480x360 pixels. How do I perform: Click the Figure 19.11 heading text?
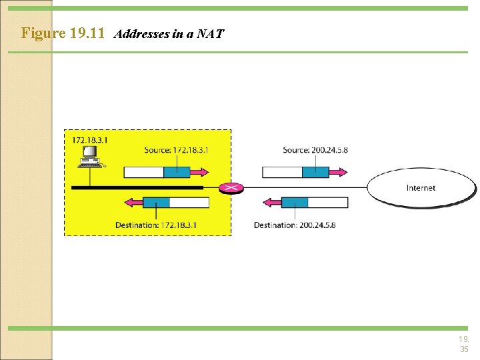coord(63,33)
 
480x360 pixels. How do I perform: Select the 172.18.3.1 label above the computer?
coord(89,140)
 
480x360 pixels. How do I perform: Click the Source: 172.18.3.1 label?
coord(176,150)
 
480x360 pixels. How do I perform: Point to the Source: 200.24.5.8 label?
coord(315,150)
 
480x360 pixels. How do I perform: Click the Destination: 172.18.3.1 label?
coord(156,225)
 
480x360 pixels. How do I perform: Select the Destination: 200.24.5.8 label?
coord(295,225)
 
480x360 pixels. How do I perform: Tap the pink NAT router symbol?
coord(231,187)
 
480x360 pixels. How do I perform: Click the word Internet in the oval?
coord(421,188)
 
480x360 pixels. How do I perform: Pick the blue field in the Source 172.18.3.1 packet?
coord(177,172)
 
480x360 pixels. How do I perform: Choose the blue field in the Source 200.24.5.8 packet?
coord(315,172)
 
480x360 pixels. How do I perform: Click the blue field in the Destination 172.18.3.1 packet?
coord(156,203)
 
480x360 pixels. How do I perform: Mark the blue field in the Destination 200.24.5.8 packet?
coord(295,203)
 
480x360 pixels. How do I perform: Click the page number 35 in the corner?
coord(464,349)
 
